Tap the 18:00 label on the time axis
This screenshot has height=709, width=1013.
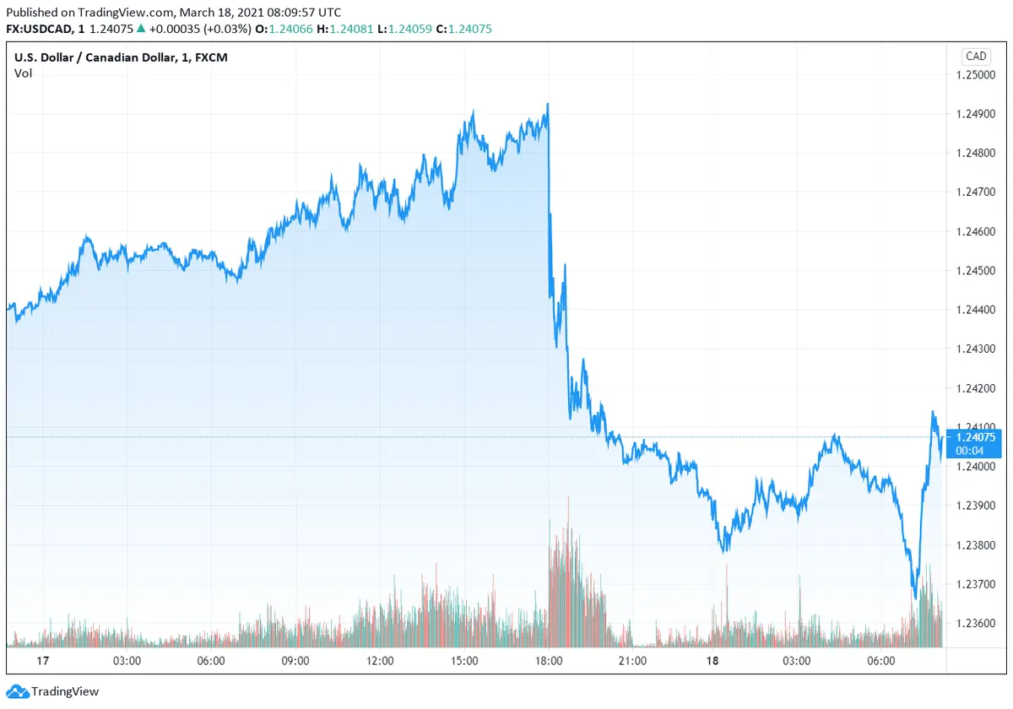(x=549, y=661)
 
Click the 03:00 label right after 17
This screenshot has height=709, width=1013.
(x=127, y=661)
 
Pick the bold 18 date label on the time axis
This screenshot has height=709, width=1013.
(x=712, y=661)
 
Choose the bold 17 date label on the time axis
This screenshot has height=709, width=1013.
(x=19, y=661)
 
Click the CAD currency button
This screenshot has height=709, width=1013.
(x=975, y=57)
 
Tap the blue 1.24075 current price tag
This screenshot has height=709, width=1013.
(x=975, y=437)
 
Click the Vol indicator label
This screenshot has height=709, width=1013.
(x=24, y=73)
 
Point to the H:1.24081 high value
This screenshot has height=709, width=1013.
(x=346, y=29)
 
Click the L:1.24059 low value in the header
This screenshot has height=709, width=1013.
(x=405, y=29)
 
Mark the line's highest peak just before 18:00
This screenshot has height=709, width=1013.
(x=548, y=104)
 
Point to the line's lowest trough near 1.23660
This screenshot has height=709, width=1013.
(x=915, y=598)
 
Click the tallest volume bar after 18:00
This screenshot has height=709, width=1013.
(x=568, y=498)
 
